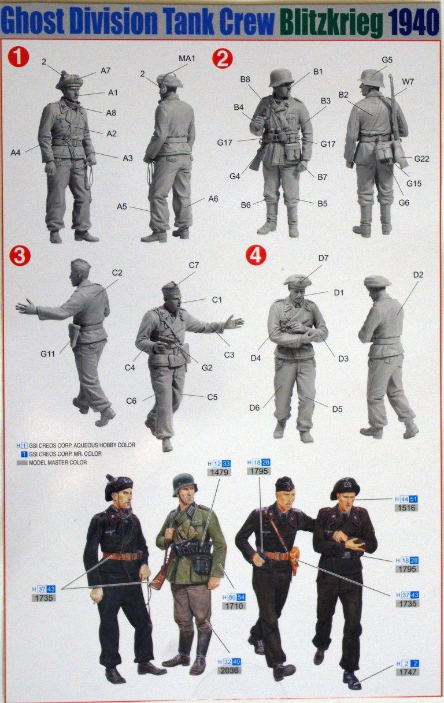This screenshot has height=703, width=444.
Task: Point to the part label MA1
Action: pos(187,59)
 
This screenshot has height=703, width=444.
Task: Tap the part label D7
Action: pos(323,258)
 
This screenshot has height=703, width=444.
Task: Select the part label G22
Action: pos(421,158)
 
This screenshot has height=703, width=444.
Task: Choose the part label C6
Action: pos(131,400)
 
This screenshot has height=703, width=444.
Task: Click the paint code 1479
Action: pos(220,473)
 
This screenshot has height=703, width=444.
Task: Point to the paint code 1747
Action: pos(408,672)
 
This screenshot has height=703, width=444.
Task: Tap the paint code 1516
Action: pos(407,508)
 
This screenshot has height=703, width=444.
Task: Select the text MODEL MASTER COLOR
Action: pos(61,462)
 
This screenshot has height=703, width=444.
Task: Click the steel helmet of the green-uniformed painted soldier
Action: pos(184,483)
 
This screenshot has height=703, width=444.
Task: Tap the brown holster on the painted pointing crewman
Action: pos(295,559)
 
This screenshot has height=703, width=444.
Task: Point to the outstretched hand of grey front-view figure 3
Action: pos(234,322)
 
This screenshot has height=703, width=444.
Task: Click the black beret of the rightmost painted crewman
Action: pos(345,486)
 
